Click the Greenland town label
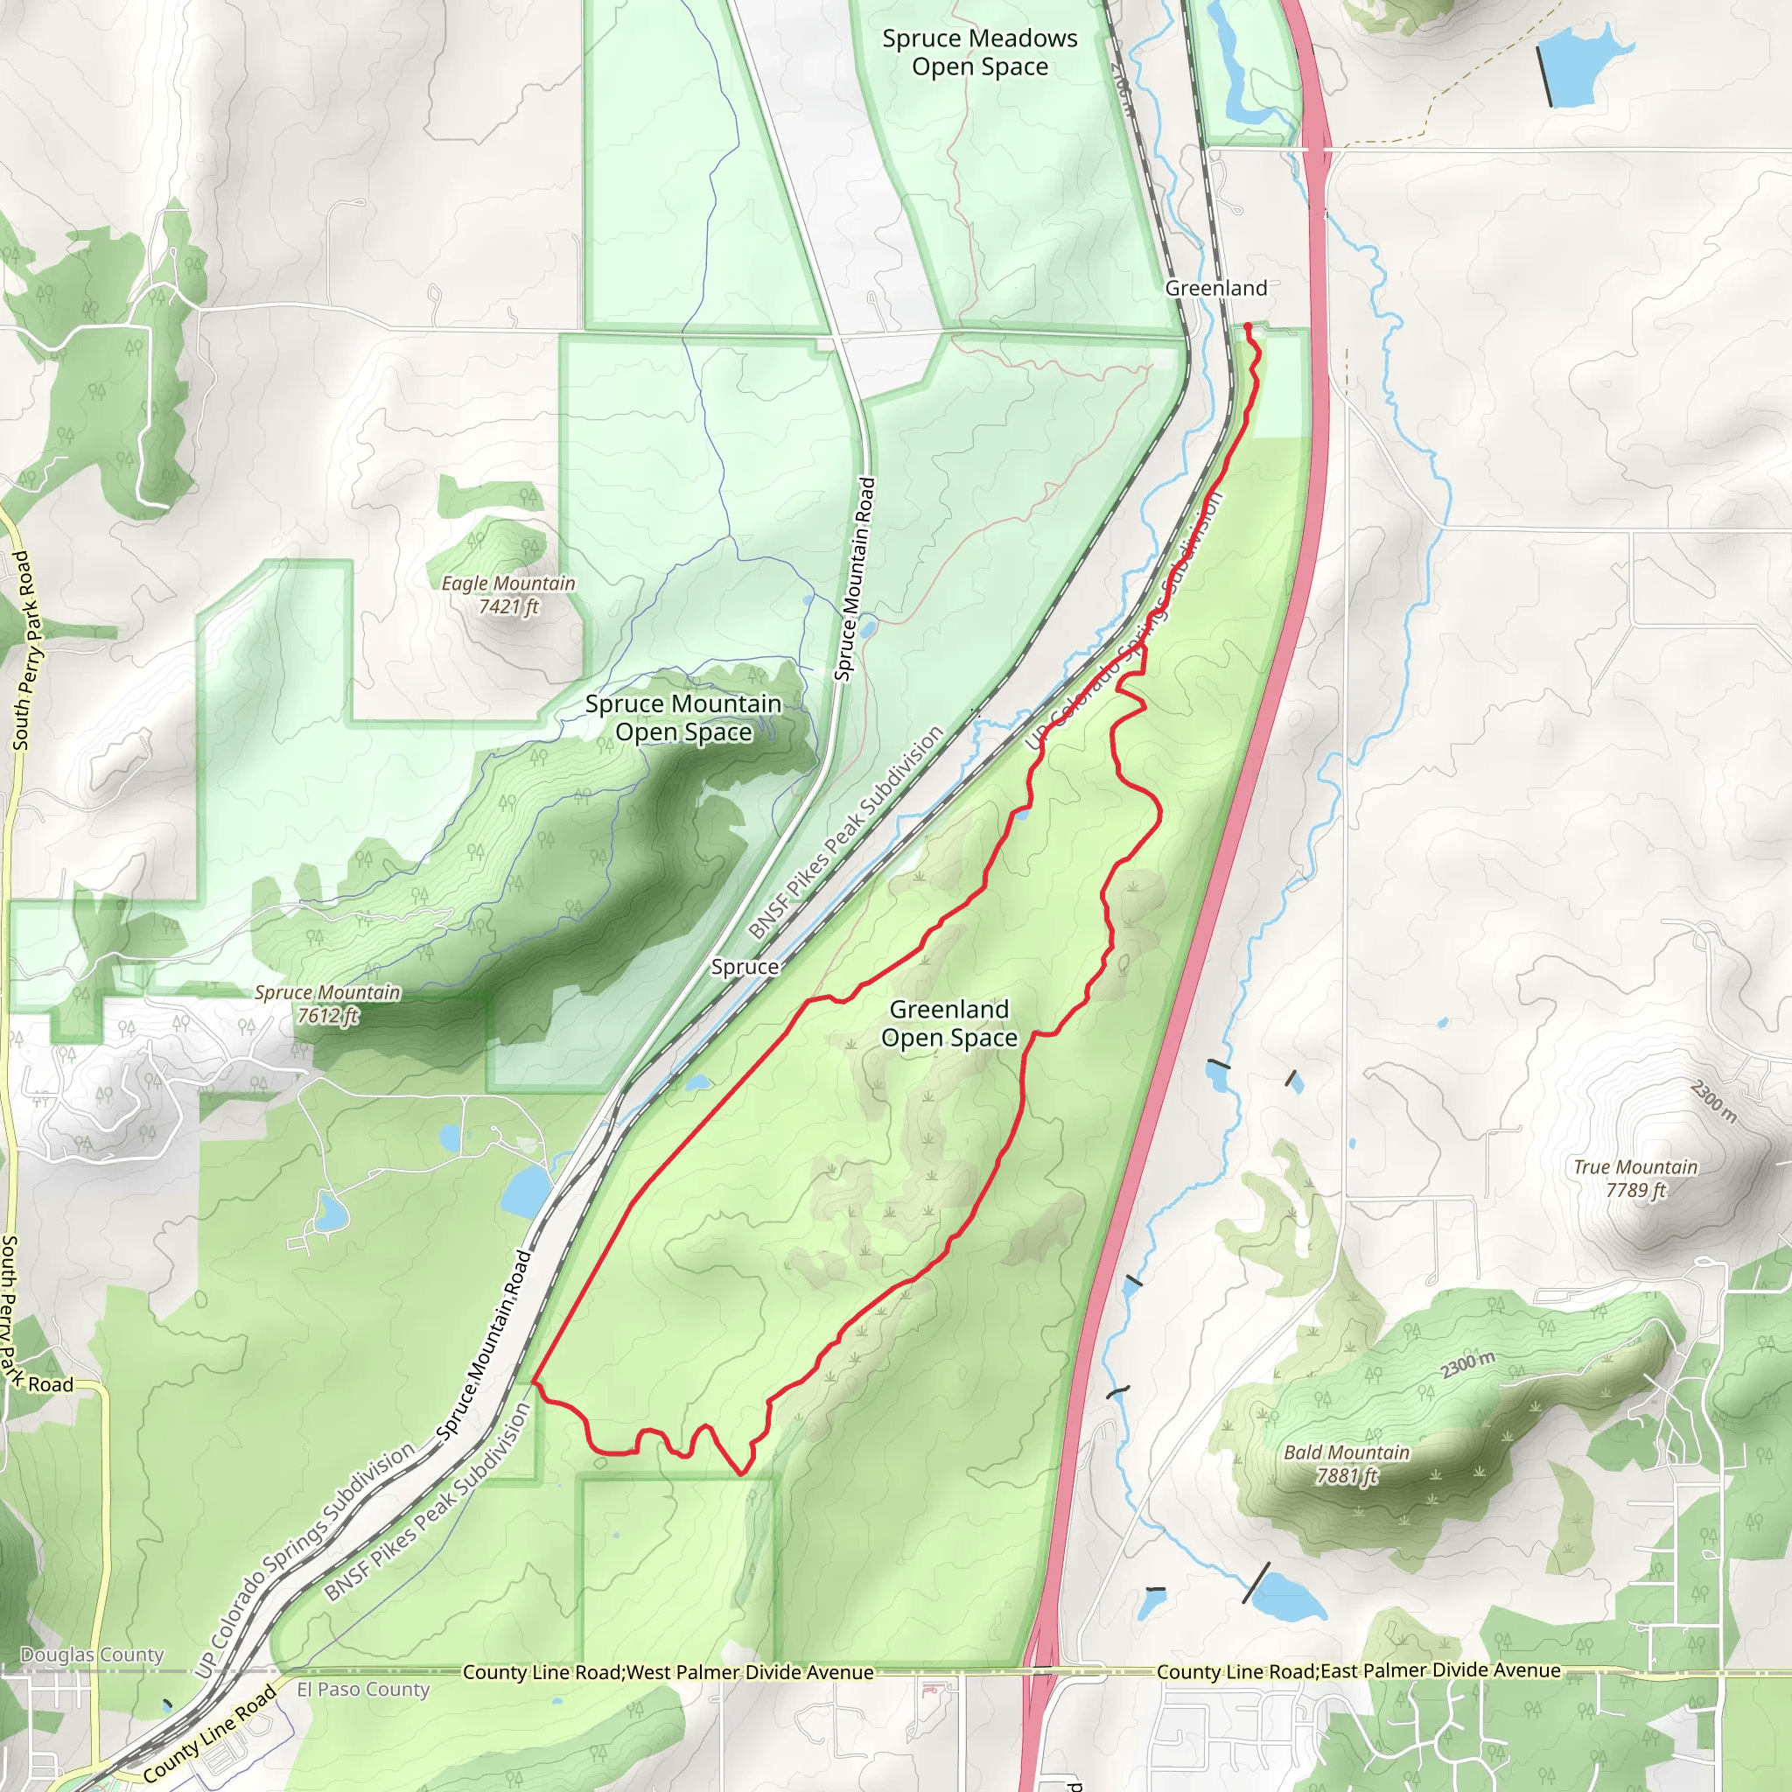1215,289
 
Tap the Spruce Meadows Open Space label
979,52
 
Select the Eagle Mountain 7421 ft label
508,594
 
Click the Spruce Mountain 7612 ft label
327,1004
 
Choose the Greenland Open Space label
948,1023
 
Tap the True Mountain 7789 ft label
1635,1178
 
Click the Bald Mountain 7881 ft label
1346,1464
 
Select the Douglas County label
92,1655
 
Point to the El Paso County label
362,1689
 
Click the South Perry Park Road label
22,649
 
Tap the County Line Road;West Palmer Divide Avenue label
668,1672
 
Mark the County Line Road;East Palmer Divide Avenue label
1358,1670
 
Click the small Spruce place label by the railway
744,967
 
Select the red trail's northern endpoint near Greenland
1248,325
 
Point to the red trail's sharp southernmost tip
741,1473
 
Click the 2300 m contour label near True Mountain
1712,1101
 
